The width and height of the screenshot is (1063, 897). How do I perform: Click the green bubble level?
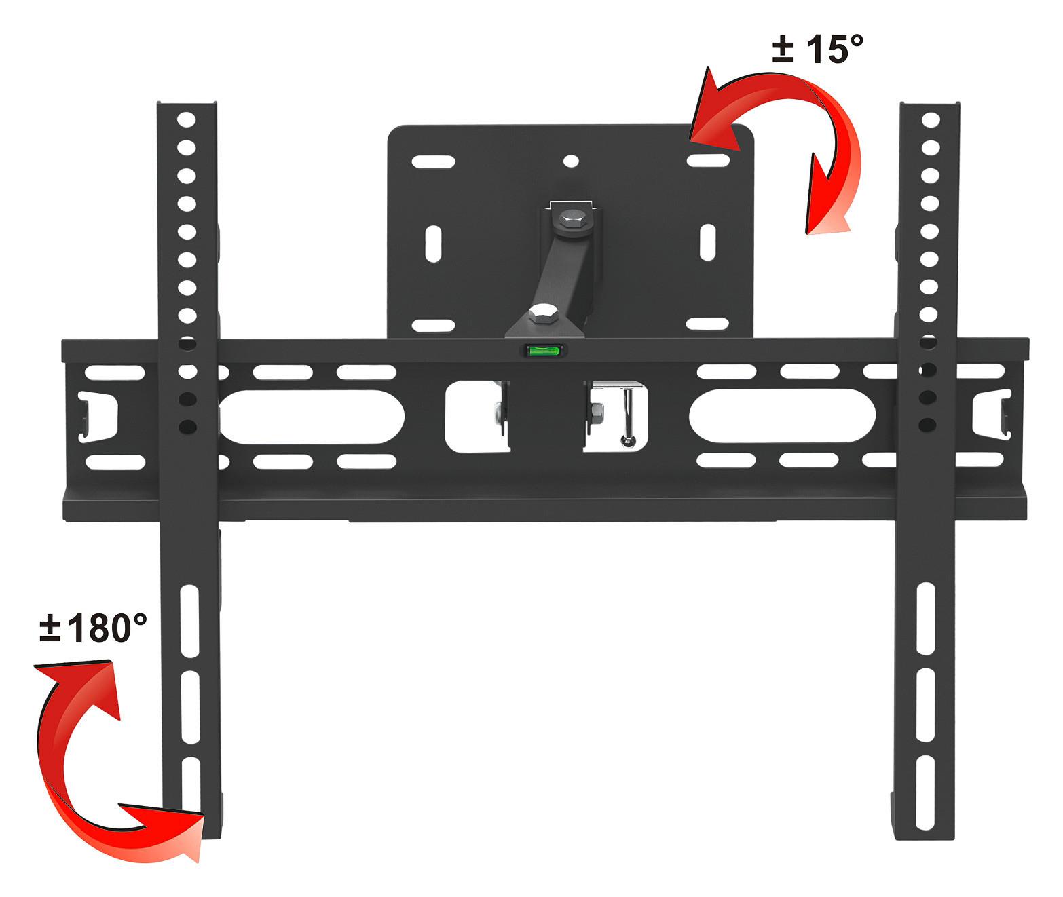[x=544, y=351]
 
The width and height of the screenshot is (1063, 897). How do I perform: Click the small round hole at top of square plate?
[x=571, y=161]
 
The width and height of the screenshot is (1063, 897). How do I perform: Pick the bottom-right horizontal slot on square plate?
[x=707, y=324]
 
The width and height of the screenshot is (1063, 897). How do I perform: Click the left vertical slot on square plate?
[x=433, y=243]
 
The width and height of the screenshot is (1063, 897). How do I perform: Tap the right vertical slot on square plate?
[x=707, y=243]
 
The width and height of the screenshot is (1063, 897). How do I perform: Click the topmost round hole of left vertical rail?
[x=187, y=120]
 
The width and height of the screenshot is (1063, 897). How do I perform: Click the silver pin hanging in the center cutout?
[x=629, y=421]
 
